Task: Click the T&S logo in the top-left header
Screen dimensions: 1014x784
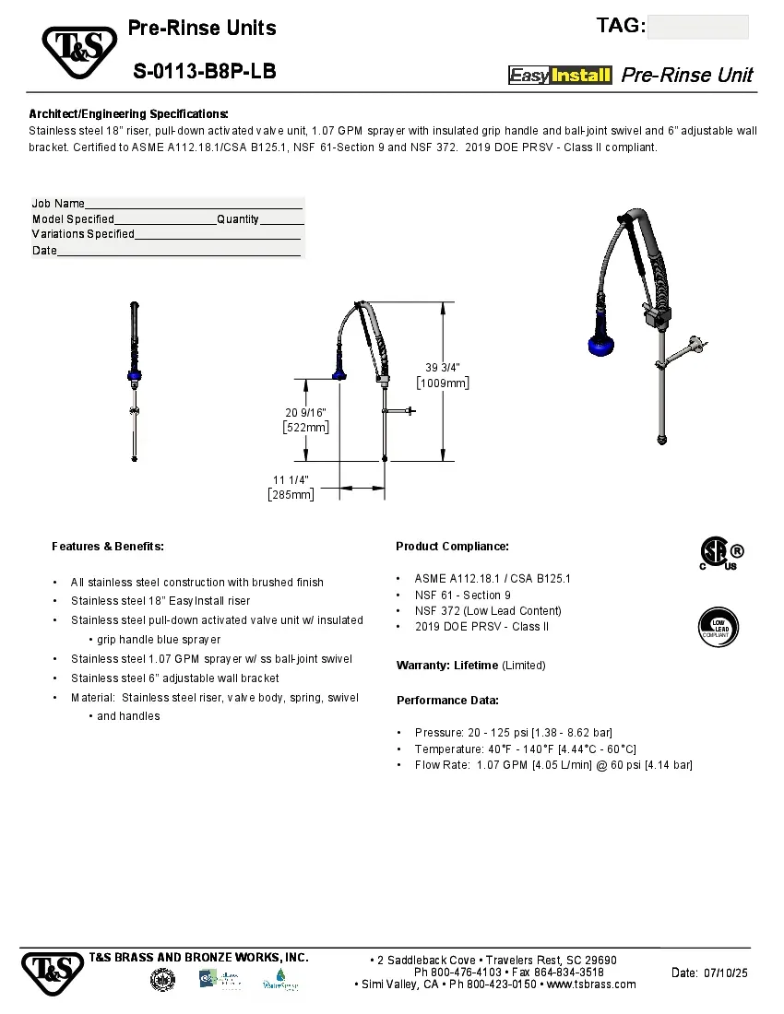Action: coord(79,52)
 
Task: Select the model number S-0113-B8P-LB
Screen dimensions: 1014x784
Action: coord(204,71)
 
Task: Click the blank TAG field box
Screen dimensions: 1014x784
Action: coord(697,27)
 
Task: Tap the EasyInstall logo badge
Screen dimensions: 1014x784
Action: coord(560,76)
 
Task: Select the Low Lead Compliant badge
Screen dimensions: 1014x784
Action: coord(719,626)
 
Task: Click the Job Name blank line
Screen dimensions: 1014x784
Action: coord(194,204)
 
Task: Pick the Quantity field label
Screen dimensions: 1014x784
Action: coord(238,219)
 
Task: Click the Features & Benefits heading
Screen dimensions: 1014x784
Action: coord(108,547)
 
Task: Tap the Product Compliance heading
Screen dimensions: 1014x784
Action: coord(452,547)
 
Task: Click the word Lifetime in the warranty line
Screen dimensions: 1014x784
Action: coord(476,666)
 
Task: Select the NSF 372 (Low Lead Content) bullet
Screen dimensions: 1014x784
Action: coord(487,610)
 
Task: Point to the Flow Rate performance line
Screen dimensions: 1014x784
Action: coord(552,765)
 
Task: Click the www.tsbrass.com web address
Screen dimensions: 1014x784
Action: coord(591,985)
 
